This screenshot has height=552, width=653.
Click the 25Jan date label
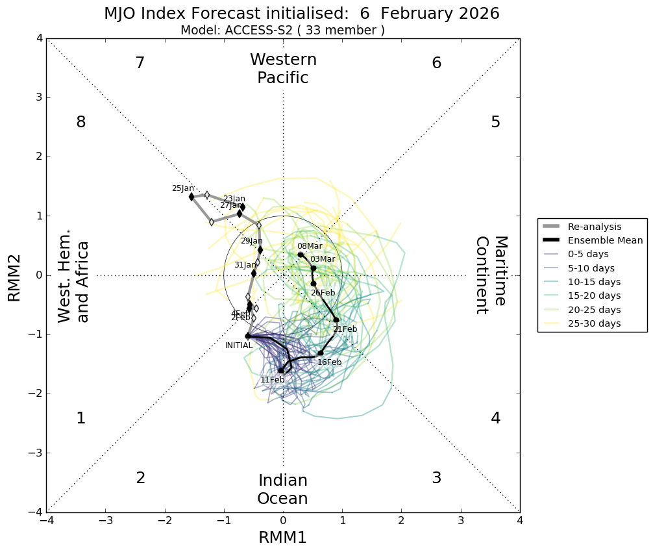(182, 188)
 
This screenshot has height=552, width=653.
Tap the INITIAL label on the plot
(239, 345)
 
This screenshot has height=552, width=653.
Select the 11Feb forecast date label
(272, 380)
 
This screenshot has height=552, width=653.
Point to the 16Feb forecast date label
(329, 362)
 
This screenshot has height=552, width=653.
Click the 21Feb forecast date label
(345, 329)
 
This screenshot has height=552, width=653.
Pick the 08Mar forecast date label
(310, 246)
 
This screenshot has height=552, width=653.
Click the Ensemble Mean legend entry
(605, 240)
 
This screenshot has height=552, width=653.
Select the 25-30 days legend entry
(594, 323)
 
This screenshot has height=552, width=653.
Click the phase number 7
(140, 63)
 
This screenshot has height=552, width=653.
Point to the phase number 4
(495, 418)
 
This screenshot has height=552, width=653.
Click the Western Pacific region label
(283, 69)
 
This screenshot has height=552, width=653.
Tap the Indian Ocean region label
(282, 490)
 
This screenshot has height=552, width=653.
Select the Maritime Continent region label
(491, 275)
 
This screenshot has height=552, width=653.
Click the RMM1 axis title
(282, 537)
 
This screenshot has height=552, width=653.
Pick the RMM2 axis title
(14, 275)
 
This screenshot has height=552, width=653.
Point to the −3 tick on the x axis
(106, 521)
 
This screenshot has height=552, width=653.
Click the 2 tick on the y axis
(40, 157)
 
